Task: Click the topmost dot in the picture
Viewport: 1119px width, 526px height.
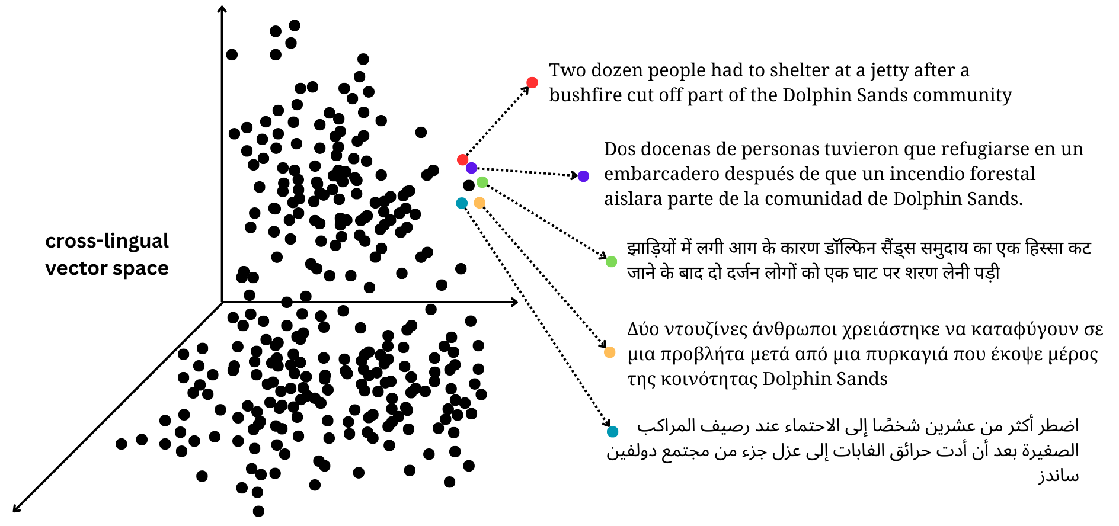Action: tap(532, 82)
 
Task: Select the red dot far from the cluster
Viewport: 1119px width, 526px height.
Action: tap(532, 82)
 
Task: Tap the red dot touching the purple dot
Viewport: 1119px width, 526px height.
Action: tap(462, 159)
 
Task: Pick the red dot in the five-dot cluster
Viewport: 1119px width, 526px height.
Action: tap(462, 159)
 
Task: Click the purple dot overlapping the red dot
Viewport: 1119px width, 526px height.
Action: tap(472, 168)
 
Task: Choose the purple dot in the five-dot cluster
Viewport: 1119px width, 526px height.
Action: tap(472, 168)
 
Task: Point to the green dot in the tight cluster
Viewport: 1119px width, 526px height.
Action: tap(482, 182)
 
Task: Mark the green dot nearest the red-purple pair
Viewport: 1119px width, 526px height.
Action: tap(482, 182)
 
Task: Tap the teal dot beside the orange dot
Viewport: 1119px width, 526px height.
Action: tap(462, 203)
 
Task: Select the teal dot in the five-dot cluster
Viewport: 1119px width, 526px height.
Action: tap(462, 203)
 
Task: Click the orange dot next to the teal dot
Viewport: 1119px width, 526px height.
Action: tap(479, 203)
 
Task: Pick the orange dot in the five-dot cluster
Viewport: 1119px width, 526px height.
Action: tap(479, 203)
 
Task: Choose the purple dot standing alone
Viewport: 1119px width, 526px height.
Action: tap(583, 176)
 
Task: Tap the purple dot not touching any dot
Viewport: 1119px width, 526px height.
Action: tap(583, 176)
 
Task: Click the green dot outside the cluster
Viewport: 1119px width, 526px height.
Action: tap(611, 261)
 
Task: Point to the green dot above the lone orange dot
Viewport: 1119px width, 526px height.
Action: tap(611, 261)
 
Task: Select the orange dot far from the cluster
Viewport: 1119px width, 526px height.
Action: tap(609, 352)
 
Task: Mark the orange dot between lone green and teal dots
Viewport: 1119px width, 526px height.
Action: tap(609, 352)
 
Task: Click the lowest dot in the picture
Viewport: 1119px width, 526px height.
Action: tap(612, 432)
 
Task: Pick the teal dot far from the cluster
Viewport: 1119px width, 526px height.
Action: tap(612, 432)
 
